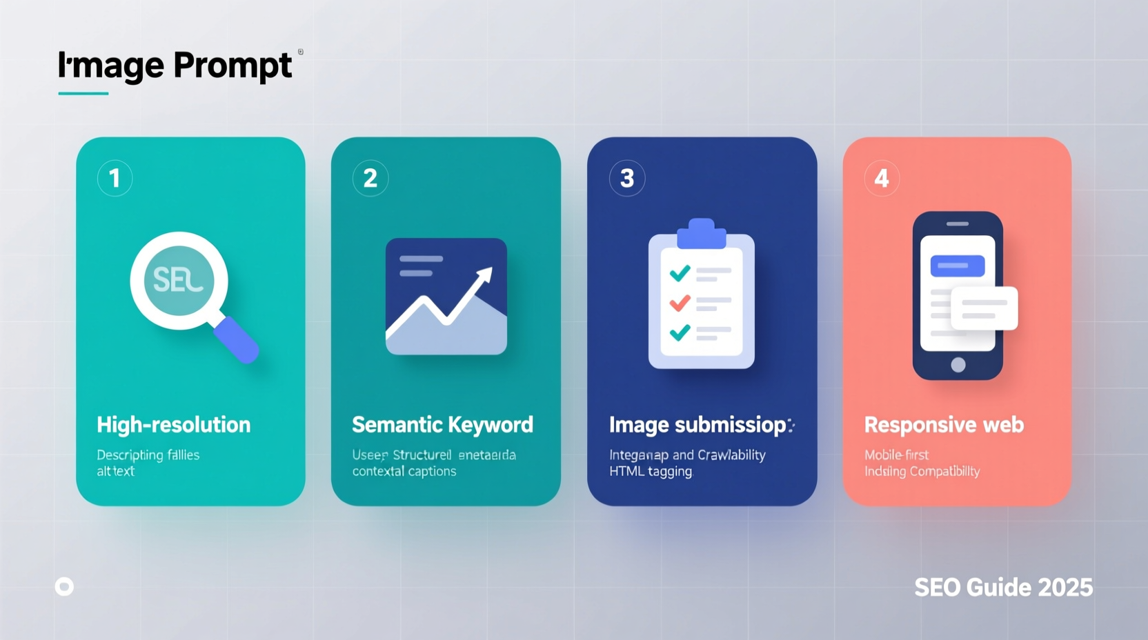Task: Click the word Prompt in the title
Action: tap(232, 66)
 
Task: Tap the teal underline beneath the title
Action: tap(83, 93)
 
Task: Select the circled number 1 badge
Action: tap(115, 179)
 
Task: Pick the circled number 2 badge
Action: tap(370, 179)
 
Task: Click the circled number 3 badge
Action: tap(627, 179)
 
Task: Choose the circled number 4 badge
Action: tap(882, 179)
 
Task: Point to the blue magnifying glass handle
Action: tap(236, 339)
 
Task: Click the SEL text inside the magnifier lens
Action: tap(178, 280)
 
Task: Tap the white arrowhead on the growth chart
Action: tap(485, 275)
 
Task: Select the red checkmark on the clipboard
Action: tap(680, 302)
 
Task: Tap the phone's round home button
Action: tap(958, 365)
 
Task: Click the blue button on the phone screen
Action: tap(958, 266)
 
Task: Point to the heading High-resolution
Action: tap(174, 425)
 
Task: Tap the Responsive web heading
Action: tap(944, 425)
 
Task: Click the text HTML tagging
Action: tap(651, 472)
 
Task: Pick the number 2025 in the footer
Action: tap(1065, 588)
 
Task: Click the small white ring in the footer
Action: tap(64, 587)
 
